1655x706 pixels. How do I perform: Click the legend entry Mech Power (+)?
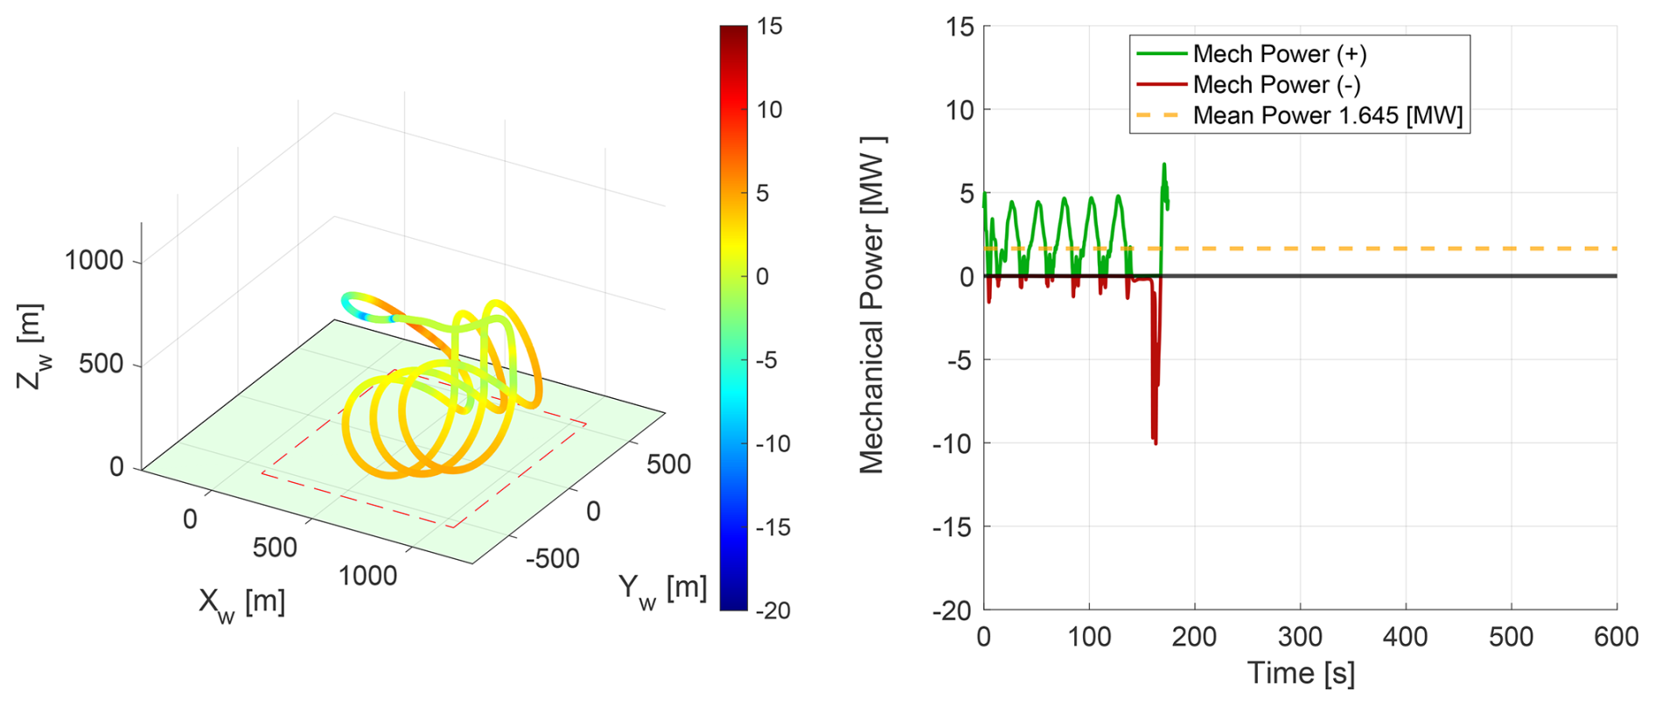pos(1278,54)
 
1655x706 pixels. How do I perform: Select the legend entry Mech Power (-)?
pos(1275,85)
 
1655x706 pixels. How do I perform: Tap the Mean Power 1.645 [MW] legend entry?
pos(1326,115)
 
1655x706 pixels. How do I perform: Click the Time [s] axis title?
pos(1300,673)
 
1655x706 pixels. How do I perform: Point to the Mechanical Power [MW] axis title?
pos(872,305)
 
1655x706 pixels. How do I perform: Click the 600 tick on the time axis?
pos(1616,636)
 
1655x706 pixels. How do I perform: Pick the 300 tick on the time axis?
pos(1300,636)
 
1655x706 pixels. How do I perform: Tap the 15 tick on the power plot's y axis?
pos(960,27)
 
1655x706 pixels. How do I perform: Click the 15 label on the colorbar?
pos(770,27)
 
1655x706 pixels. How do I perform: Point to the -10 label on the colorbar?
pos(772,444)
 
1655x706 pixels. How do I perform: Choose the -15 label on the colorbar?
pos(772,528)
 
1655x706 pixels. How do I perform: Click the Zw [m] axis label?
pos(31,346)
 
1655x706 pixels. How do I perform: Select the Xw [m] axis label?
pos(241,603)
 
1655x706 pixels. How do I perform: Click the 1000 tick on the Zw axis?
pos(94,261)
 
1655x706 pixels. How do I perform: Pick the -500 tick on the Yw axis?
pos(552,557)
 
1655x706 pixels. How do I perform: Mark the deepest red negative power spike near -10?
pos(1156,443)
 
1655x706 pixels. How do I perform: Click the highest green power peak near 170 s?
pos(1163,164)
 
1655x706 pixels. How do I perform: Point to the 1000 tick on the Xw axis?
pos(367,576)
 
